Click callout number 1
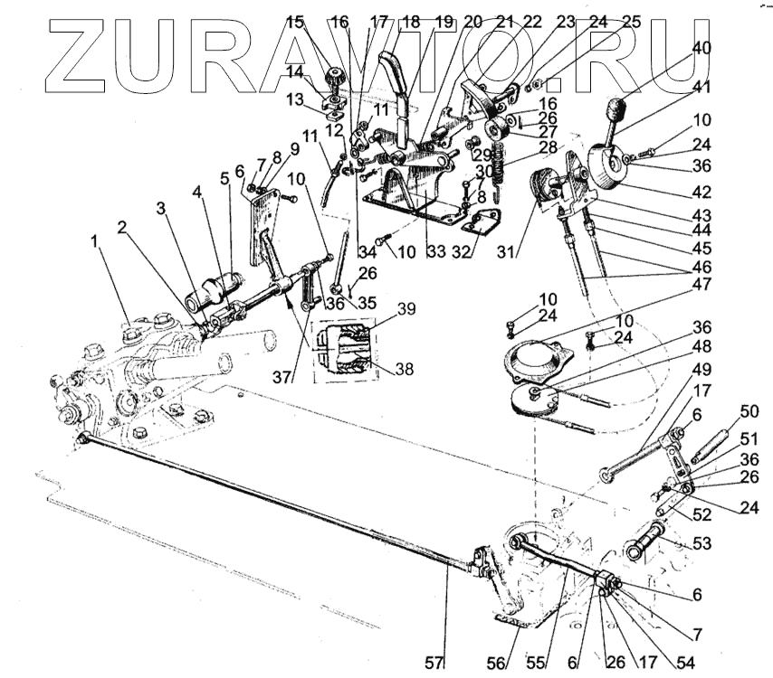[94, 242]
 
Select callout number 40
[702, 48]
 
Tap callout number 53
[701, 543]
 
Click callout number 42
[701, 192]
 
